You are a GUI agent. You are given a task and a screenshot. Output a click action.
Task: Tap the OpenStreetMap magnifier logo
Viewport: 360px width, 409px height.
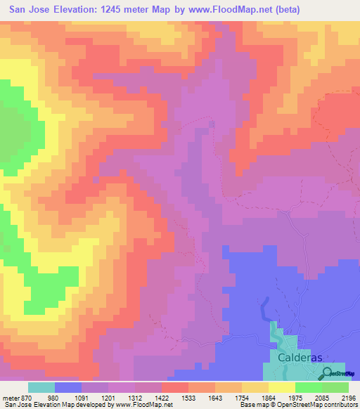pyautogui.click(x=328, y=372)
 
